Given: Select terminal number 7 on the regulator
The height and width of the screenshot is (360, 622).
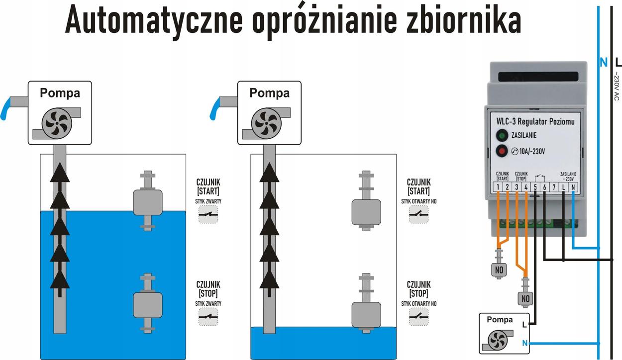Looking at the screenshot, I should (553, 187).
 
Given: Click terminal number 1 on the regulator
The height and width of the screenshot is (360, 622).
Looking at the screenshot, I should (497, 187).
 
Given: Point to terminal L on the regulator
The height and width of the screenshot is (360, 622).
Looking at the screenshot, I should (563, 187).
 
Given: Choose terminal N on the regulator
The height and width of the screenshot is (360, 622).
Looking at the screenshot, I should (573, 187).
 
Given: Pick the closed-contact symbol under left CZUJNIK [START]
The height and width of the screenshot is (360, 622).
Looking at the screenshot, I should (208, 215).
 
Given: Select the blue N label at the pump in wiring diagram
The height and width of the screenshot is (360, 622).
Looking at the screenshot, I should (524, 343).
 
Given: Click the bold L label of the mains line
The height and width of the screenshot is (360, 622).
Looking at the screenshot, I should (618, 63).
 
